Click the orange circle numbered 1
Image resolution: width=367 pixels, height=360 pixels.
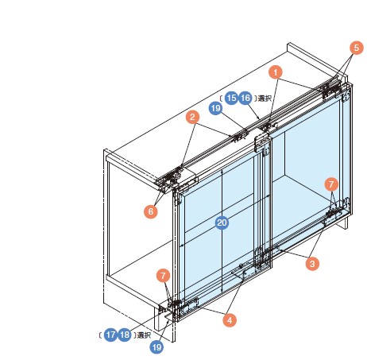pyautogui.click(x=276, y=72)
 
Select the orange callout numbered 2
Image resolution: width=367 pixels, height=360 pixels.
pyautogui.click(x=192, y=117)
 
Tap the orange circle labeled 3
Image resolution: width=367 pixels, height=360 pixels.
pyautogui.click(x=312, y=264)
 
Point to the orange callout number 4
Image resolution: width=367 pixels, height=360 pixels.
pyautogui.click(x=230, y=319)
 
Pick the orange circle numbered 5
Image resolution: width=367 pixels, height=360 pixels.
pyautogui.click(x=357, y=48)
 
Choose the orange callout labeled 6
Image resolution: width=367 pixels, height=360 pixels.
pyautogui.click(x=151, y=211)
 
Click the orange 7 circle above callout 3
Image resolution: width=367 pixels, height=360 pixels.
pyautogui.click(x=331, y=184)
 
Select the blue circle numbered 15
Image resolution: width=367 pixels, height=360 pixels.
pyautogui.click(x=231, y=98)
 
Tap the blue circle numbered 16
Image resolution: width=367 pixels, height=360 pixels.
pyautogui.click(x=245, y=98)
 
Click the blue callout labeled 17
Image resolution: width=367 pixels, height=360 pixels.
pyautogui.click(x=110, y=335)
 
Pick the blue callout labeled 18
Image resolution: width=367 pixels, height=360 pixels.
pyautogui.click(x=125, y=335)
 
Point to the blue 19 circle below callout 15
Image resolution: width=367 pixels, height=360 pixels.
pyautogui.click(x=216, y=108)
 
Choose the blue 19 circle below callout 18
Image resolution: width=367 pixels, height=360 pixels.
pyautogui.click(x=156, y=347)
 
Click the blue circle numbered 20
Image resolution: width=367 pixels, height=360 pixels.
pyautogui.click(x=222, y=223)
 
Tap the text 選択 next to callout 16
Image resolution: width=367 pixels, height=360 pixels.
pyautogui.click(x=265, y=99)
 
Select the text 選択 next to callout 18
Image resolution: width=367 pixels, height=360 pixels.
pyautogui.click(x=144, y=335)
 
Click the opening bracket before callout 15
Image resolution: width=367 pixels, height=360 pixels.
pyautogui.click(x=221, y=98)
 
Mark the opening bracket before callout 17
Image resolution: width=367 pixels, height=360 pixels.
pyautogui.click(x=100, y=335)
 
